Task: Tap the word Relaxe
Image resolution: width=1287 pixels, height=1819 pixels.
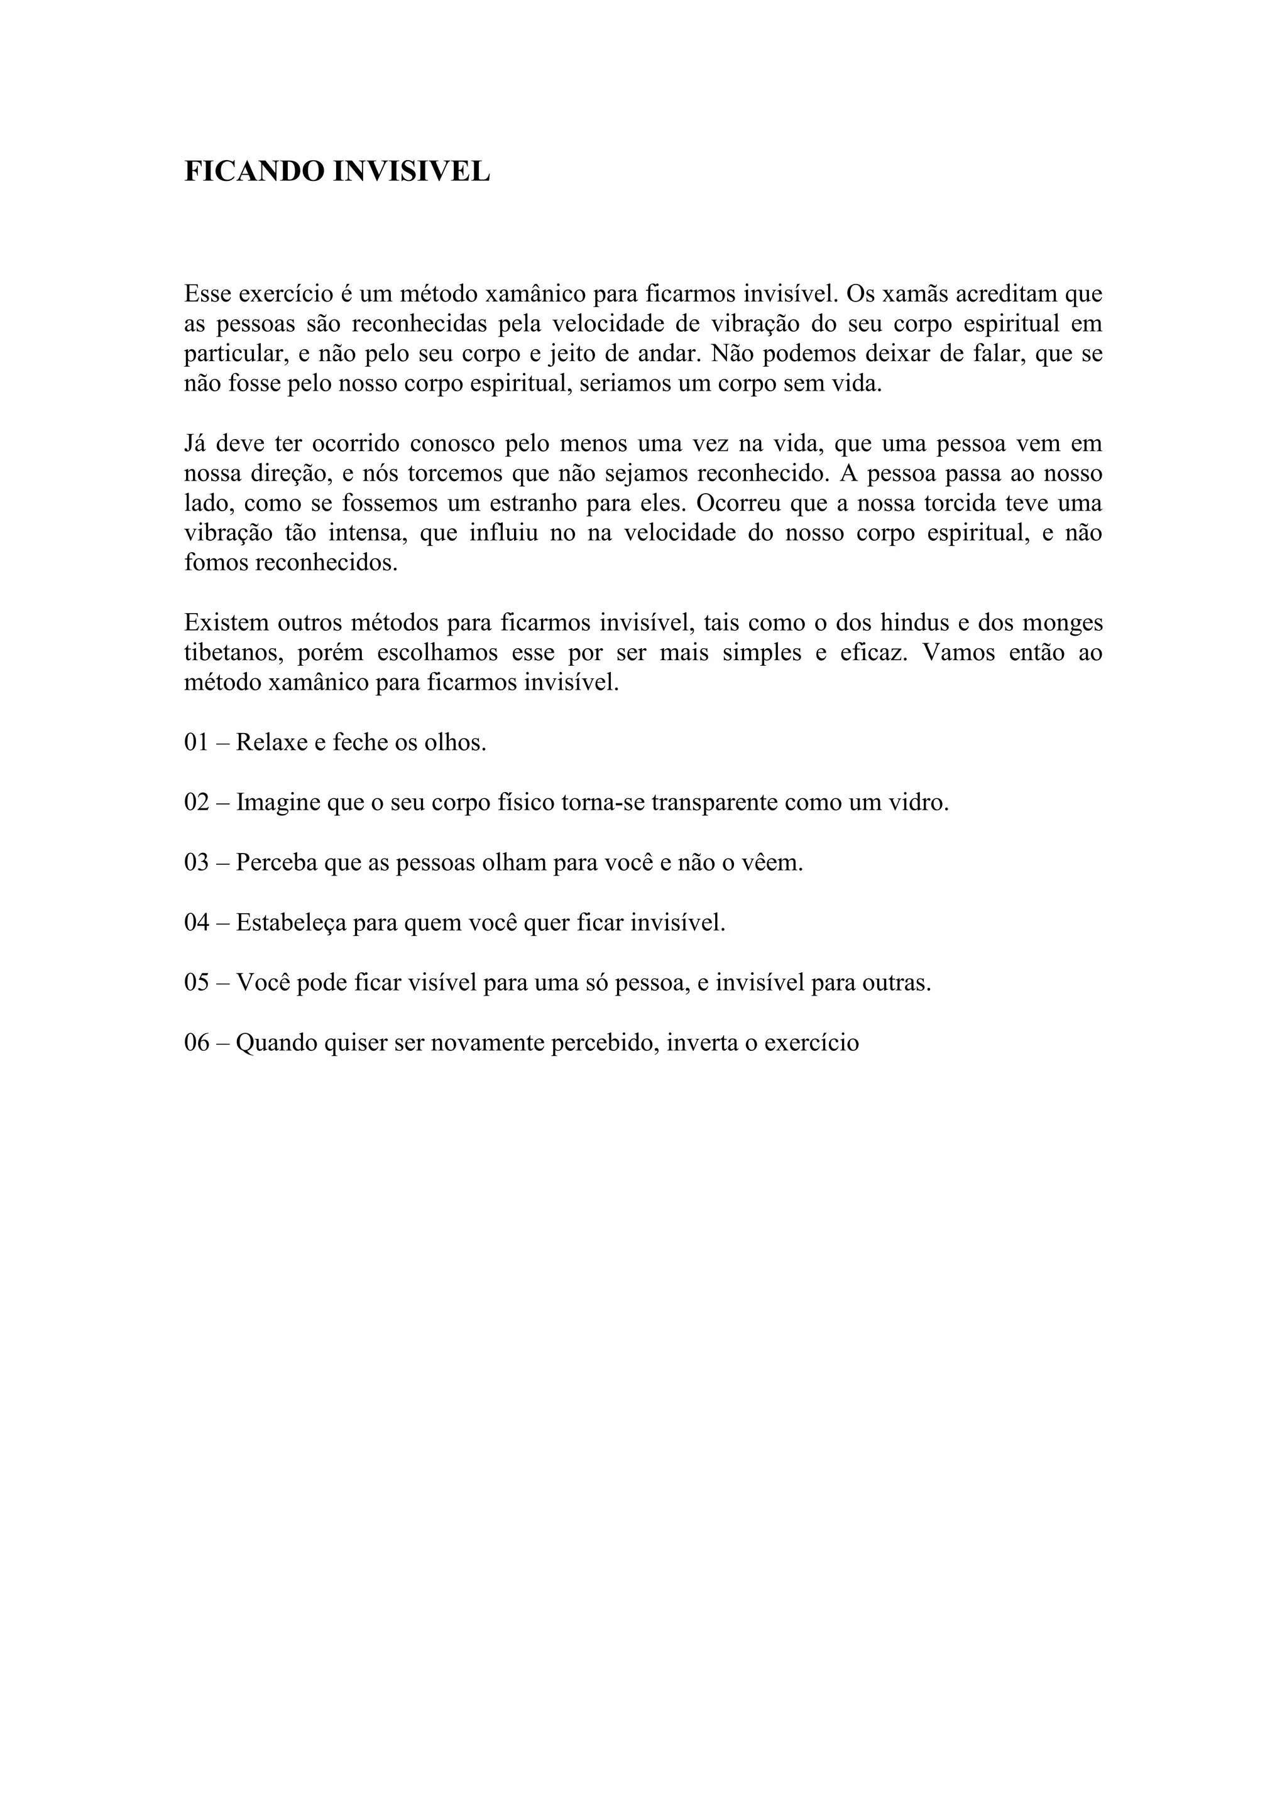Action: click(x=269, y=743)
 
